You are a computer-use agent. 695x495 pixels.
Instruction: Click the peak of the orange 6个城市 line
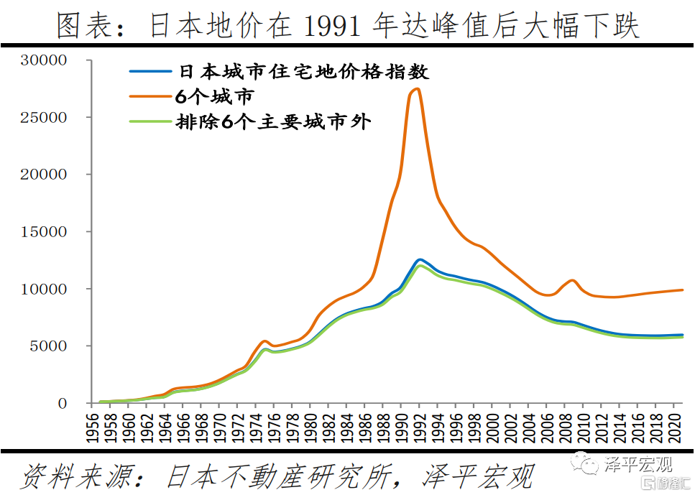(418, 88)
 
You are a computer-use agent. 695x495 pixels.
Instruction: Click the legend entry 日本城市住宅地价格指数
(303, 73)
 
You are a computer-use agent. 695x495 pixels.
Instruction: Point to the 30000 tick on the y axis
(45, 60)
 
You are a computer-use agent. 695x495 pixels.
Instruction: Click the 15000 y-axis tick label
(45, 232)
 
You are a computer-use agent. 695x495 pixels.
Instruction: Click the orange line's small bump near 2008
(571, 280)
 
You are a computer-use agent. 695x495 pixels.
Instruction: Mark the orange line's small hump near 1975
(264, 341)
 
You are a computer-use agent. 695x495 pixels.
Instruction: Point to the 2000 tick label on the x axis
(492, 428)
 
